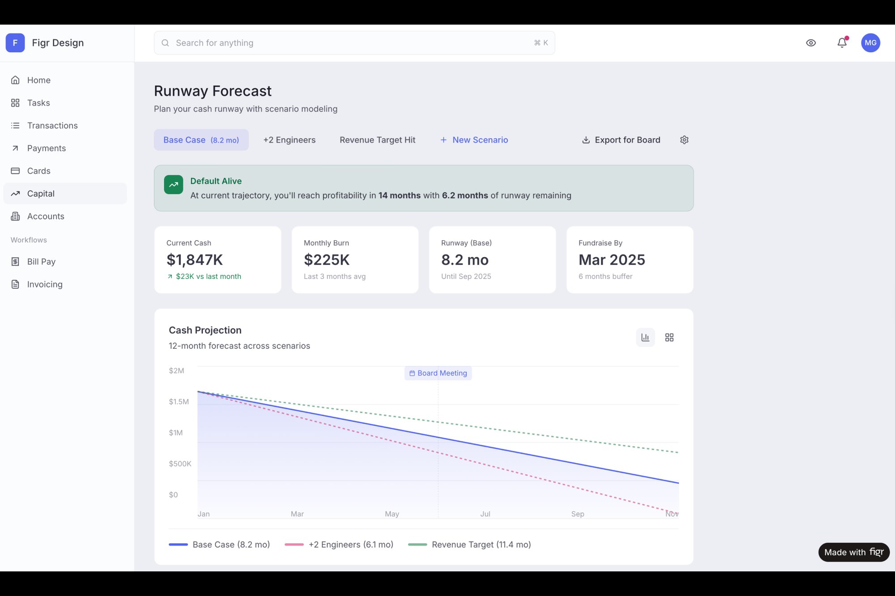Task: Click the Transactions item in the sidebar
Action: [52, 126]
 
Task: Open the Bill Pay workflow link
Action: [41, 262]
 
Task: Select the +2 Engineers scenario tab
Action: [289, 140]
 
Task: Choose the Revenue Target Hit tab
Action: [377, 140]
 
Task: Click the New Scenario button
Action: [474, 140]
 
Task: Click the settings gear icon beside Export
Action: [684, 140]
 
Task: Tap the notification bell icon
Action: [842, 43]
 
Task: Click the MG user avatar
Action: [870, 43]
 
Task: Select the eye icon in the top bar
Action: [810, 43]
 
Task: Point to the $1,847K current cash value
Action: [195, 260]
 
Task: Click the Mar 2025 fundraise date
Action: [612, 260]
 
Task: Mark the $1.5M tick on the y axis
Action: [179, 402]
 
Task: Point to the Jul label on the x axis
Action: [485, 514]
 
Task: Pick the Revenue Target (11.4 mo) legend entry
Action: [469, 545]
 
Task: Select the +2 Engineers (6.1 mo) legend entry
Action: [339, 545]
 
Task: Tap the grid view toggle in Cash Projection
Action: [669, 338]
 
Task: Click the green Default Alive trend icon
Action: [174, 185]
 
